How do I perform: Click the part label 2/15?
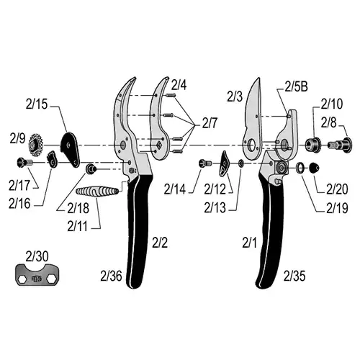(x=37, y=104)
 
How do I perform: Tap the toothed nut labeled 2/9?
(x=35, y=145)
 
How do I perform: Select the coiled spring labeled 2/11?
(x=97, y=192)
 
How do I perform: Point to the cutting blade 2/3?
(x=252, y=120)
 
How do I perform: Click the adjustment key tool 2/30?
(x=37, y=275)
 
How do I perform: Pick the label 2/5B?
(x=296, y=87)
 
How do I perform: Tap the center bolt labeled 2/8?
(x=340, y=145)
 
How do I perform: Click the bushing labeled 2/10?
(x=312, y=144)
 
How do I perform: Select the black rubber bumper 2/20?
(x=314, y=168)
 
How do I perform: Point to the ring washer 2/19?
(x=300, y=168)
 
